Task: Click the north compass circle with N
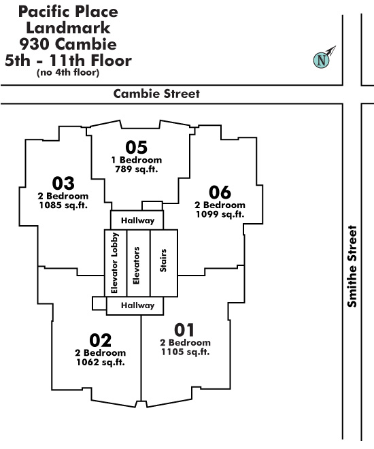point(322,60)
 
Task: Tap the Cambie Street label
point(156,94)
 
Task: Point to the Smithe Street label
point(352,266)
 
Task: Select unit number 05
point(136,147)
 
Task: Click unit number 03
point(63,183)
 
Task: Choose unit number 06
point(220,192)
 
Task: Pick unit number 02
point(100,340)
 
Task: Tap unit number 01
point(184,330)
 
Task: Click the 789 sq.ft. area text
point(137,169)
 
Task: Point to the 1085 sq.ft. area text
point(63,205)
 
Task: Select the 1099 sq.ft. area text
point(220,214)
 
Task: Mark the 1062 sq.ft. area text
point(101,362)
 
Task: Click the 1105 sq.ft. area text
point(186,352)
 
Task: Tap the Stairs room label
point(163,261)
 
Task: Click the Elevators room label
point(136,265)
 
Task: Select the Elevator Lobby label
point(114,263)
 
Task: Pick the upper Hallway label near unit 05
point(137,220)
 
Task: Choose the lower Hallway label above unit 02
point(137,305)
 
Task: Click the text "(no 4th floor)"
point(68,72)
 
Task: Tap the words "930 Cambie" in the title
point(68,44)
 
